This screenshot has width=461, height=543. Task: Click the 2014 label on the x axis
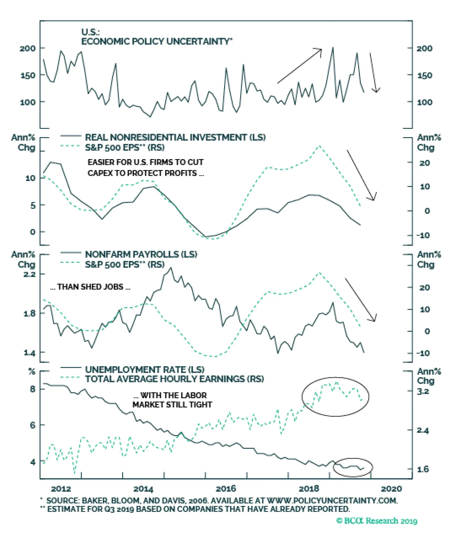tap(143, 489)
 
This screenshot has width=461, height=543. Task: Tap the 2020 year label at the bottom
tap(391, 489)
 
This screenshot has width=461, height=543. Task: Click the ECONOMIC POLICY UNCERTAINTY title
tap(156, 41)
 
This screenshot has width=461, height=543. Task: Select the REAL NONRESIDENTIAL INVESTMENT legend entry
tap(175, 137)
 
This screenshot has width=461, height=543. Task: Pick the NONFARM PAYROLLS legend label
tap(141, 254)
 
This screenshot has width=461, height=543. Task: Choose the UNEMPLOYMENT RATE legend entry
tap(145, 369)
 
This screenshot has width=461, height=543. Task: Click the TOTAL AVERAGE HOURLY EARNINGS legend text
tap(174, 379)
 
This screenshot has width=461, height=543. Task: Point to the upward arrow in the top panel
tap(300, 66)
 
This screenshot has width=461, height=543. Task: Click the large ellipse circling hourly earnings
tap(335, 397)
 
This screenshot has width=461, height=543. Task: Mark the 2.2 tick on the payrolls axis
tap(29, 274)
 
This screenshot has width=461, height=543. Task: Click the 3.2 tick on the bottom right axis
tap(423, 391)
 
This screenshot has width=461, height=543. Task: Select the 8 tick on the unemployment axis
tap(33, 389)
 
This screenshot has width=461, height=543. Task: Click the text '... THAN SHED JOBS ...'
tap(90, 287)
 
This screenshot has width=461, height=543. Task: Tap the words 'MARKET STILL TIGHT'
tap(172, 405)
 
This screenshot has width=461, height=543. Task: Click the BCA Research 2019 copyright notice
tap(377, 521)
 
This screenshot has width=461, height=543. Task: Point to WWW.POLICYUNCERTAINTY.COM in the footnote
tap(332, 500)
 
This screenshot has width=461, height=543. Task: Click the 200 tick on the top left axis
tap(28, 48)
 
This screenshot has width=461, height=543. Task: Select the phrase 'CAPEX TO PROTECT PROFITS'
tap(142, 173)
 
